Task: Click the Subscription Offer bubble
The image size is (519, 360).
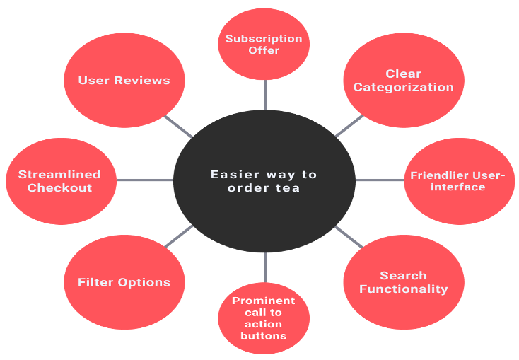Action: pyautogui.click(x=264, y=44)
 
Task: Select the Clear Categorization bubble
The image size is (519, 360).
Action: pyautogui.click(x=404, y=80)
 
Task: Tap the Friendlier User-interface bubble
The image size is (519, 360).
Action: pyautogui.click(x=458, y=181)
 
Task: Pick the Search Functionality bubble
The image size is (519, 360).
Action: pyautogui.click(x=404, y=281)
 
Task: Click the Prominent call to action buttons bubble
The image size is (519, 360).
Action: pyautogui.click(x=264, y=318)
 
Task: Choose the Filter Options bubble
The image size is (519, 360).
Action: pyautogui.click(x=124, y=281)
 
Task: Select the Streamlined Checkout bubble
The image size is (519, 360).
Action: pyautogui.click(x=60, y=181)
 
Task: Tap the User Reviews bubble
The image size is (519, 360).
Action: pyautogui.click(x=124, y=80)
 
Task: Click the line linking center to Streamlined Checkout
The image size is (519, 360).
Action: pyautogui.click(x=145, y=180)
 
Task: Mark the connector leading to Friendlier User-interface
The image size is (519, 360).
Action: pyautogui.click(x=379, y=180)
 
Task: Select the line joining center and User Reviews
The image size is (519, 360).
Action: pyautogui.click(x=179, y=127)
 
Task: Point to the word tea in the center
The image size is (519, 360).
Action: pyautogui.click(x=288, y=188)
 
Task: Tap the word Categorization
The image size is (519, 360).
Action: pyautogui.click(x=404, y=87)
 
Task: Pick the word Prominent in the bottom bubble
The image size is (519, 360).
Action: pyautogui.click(x=264, y=301)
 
